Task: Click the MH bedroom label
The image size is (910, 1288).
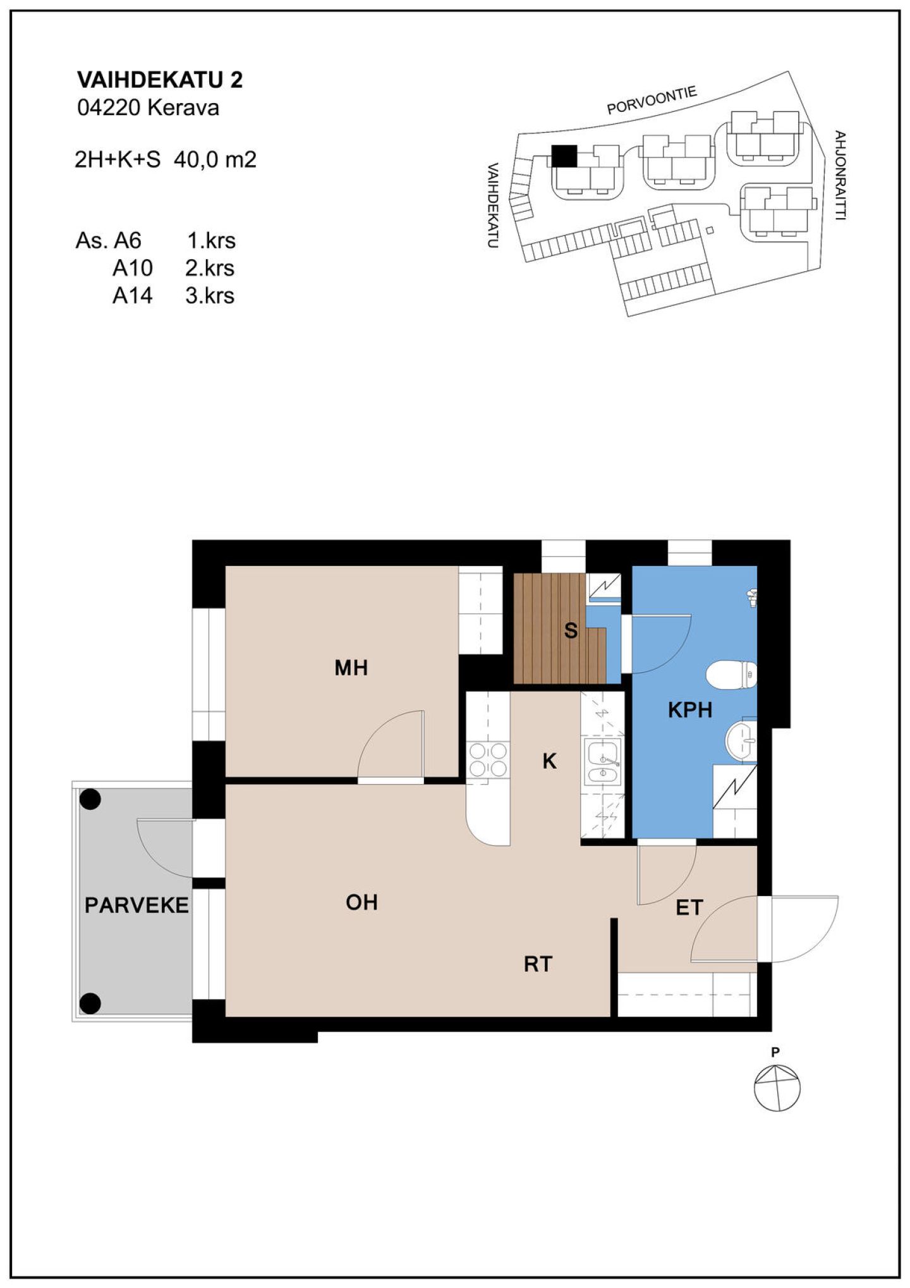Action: [x=351, y=668]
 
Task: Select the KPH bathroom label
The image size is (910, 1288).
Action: [x=690, y=710]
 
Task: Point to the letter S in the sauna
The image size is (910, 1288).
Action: [x=571, y=630]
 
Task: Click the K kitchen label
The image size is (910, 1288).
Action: [x=549, y=761]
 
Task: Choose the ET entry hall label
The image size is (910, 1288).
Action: [x=689, y=908]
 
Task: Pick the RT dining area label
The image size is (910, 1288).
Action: [x=538, y=964]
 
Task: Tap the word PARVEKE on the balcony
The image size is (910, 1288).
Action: [x=136, y=905]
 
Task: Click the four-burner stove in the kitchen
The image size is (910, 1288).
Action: [x=488, y=760]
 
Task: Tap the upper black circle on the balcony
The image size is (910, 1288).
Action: [x=90, y=800]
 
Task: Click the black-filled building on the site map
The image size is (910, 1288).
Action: [x=564, y=156]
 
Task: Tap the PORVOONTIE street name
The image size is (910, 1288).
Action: [x=652, y=101]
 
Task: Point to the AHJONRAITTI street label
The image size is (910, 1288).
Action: [x=840, y=175]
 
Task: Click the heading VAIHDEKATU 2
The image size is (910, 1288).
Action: [x=160, y=80]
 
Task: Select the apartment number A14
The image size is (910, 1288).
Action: [x=132, y=295]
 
